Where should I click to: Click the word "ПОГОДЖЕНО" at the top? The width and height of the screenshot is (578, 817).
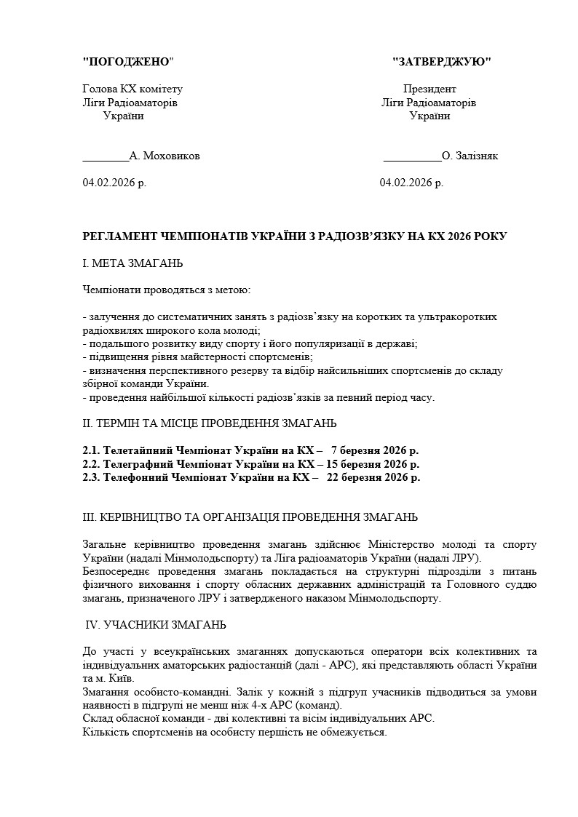point(129,62)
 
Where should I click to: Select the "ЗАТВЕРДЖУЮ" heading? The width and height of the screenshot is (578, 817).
point(441,62)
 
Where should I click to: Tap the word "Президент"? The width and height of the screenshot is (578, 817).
point(429,89)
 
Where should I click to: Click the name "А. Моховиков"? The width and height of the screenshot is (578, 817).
point(165,156)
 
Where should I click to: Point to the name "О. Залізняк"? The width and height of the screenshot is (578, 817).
point(470,156)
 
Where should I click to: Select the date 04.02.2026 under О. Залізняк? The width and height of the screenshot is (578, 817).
point(411,183)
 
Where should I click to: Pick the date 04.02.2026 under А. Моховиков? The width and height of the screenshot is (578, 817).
point(114,183)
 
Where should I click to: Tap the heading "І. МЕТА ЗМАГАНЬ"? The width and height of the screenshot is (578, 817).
point(133,263)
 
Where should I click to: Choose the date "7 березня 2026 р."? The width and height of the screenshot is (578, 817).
point(375,450)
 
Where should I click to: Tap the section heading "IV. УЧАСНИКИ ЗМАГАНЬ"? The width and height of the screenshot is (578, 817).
point(156,624)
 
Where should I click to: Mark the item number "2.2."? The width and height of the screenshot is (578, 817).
point(92,464)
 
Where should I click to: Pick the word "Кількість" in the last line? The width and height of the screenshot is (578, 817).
point(106,732)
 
